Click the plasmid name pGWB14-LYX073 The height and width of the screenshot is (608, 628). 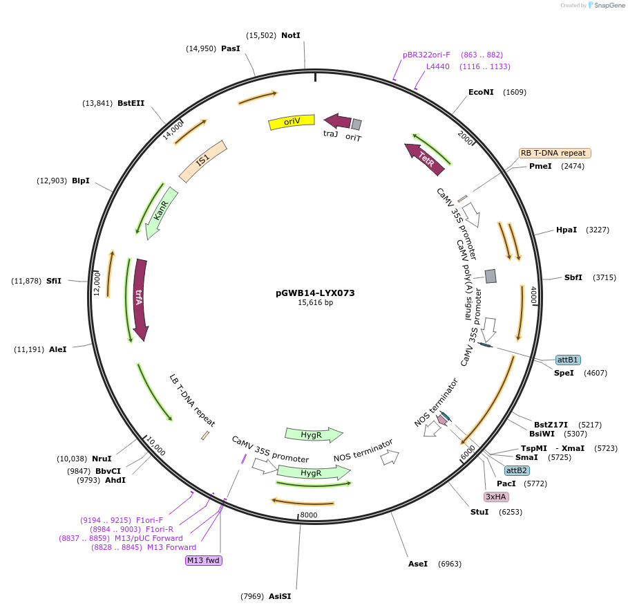click(315, 293)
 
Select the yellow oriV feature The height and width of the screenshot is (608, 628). click(292, 122)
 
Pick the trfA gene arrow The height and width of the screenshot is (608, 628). click(140, 299)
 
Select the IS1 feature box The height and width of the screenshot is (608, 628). click(202, 161)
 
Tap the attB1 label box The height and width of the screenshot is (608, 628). click(568, 360)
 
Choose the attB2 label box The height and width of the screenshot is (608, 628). click(517, 470)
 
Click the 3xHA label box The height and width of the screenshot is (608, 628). click(496, 497)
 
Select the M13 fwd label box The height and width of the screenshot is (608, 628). click(204, 560)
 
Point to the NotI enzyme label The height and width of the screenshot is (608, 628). click(291, 35)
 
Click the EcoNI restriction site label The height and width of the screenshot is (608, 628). click(481, 92)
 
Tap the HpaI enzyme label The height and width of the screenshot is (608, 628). click(567, 230)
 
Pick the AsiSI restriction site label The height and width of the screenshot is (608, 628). click(280, 596)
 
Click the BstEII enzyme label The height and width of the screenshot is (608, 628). click(131, 103)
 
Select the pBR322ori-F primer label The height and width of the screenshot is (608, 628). click(426, 55)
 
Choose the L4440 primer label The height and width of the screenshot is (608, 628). click(437, 66)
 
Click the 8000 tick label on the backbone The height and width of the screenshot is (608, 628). click(309, 515)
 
